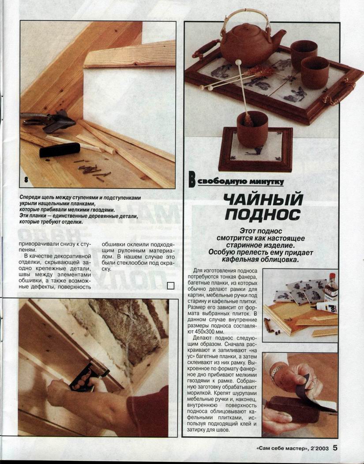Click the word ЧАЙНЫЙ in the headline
click(x=263, y=200)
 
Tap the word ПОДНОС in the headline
click(x=263, y=214)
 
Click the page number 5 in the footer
click(x=335, y=448)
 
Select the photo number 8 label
click(x=26, y=180)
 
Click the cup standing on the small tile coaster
click(x=252, y=128)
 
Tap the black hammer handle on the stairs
click(x=60, y=150)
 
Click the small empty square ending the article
click(x=171, y=285)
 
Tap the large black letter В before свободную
click(x=192, y=180)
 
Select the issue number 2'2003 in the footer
click(x=319, y=448)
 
